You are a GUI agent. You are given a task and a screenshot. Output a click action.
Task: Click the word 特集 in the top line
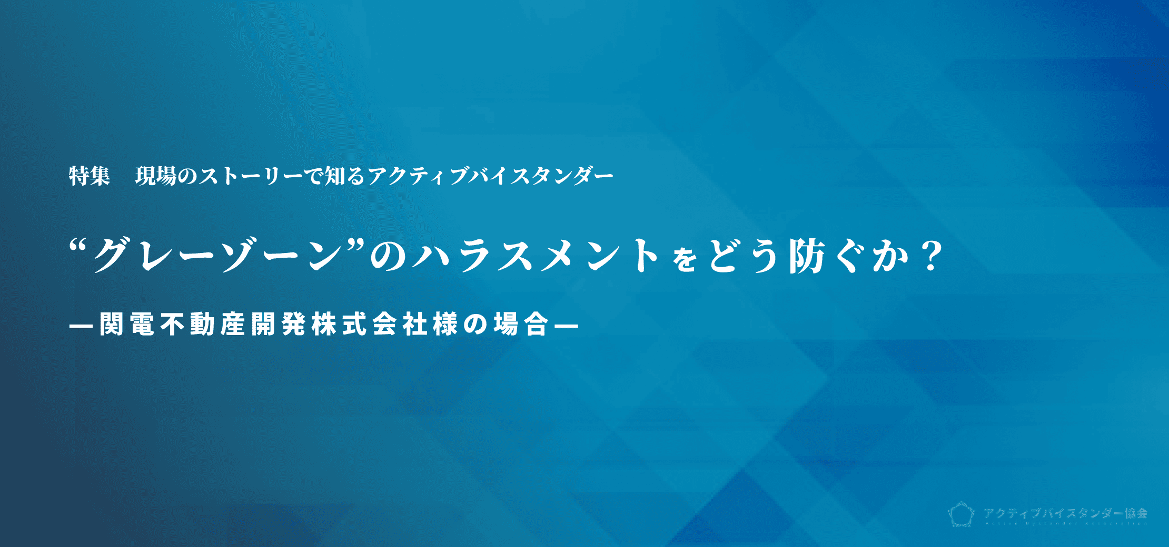(x=89, y=176)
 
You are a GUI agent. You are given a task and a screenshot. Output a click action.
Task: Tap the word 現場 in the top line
(x=155, y=176)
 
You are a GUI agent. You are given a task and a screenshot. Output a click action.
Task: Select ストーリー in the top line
(x=250, y=176)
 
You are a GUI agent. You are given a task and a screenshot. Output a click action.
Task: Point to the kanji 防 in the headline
(x=806, y=257)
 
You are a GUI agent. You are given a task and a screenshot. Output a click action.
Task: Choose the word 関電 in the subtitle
(x=127, y=325)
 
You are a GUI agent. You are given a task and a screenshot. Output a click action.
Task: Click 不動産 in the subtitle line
(x=203, y=325)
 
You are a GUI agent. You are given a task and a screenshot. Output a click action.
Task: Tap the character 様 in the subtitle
(x=445, y=325)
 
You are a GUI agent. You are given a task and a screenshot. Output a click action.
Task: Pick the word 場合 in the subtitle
(x=522, y=325)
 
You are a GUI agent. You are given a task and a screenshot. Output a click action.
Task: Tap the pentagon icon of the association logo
(x=962, y=514)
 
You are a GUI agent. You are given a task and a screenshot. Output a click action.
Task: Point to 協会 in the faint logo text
(x=1136, y=513)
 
